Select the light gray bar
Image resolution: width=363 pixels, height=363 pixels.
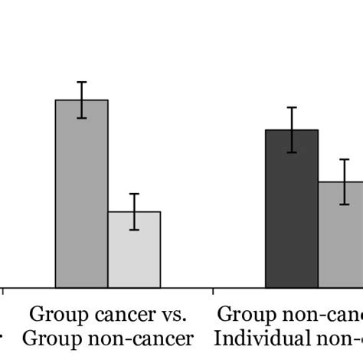point(134,250)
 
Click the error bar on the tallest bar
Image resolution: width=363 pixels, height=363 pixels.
point(81,100)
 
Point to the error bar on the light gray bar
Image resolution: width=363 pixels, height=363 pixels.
point(134,211)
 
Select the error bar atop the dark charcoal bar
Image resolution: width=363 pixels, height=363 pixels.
point(292,129)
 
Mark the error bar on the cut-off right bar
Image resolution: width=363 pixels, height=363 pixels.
point(345,181)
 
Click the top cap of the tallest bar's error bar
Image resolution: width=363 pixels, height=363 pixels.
point(81,82)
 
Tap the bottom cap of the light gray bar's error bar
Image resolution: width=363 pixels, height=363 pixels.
point(134,230)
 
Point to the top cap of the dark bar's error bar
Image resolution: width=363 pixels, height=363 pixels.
point(292,107)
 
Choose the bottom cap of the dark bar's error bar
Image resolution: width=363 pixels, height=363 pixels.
point(292,152)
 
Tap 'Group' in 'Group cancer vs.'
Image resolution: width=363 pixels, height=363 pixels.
point(54,314)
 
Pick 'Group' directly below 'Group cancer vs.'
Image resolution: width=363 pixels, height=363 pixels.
point(47,338)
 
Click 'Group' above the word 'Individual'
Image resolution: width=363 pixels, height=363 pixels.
point(244,314)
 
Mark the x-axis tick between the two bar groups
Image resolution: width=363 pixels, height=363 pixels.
point(212,291)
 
